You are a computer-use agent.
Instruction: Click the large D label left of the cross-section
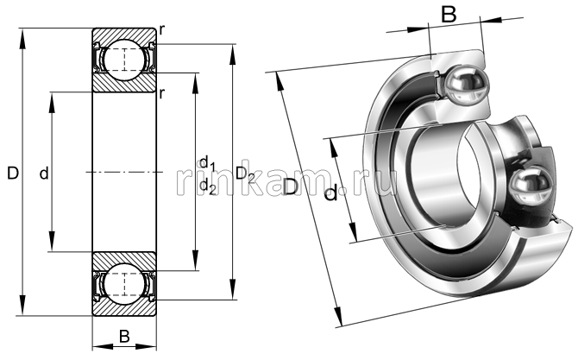[x=12, y=174]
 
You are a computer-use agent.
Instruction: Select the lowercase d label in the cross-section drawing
[x=43, y=174]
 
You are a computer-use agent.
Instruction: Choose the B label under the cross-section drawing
[x=124, y=337]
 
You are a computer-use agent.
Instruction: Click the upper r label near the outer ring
[x=162, y=31]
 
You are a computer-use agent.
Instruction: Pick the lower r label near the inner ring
[x=162, y=92]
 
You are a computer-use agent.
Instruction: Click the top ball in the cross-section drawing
[x=124, y=59]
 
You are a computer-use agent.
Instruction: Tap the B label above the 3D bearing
[x=449, y=14]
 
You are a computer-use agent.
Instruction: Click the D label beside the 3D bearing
[x=292, y=187]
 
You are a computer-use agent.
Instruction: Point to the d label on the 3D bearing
[x=330, y=195]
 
